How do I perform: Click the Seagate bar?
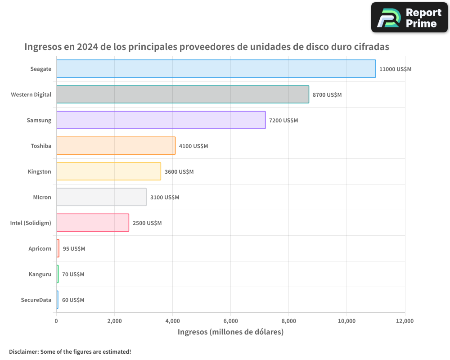[x=216, y=69]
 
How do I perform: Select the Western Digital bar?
[x=182, y=94]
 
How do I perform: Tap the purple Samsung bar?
[x=161, y=120]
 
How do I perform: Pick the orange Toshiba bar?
[x=116, y=146]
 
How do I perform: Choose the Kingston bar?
[x=108, y=171]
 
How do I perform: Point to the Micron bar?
[x=101, y=197]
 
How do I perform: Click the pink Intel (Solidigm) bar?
[x=92, y=223]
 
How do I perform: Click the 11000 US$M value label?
[x=395, y=69]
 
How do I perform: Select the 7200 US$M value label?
[x=283, y=121]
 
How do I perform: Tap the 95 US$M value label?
[x=74, y=249]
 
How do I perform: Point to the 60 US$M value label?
[x=73, y=300]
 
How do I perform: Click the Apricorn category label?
[x=40, y=249]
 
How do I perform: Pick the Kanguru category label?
[x=40, y=274]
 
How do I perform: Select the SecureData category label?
[x=36, y=300]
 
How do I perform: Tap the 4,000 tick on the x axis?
[x=172, y=321]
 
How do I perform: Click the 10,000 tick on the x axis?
[x=346, y=321]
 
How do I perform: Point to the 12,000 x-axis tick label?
[x=405, y=321]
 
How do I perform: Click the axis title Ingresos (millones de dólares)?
[x=230, y=332]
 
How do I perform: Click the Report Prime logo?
[x=409, y=18]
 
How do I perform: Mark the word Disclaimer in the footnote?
[x=23, y=351]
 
